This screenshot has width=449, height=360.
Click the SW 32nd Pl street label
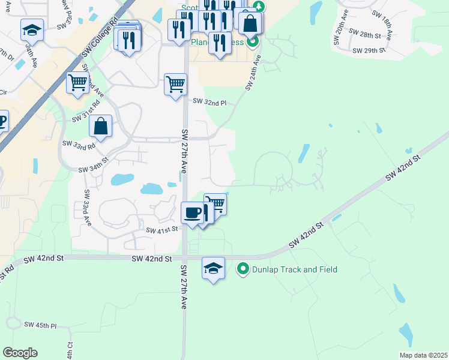click(209, 102)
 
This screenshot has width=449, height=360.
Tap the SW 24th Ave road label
click(253, 73)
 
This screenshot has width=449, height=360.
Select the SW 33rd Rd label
click(79, 145)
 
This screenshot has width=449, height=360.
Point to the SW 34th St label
click(93, 169)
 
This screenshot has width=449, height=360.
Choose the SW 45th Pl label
click(40, 325)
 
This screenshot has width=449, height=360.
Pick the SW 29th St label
click(369, 51)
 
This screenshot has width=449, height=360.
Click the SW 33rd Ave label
click(88, 208)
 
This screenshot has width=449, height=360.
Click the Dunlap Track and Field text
click(295, 269)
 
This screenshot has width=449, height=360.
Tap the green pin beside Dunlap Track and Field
click(243, 269)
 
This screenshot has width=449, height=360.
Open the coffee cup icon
click(192, 212)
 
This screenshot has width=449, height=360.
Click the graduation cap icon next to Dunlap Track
click(213, 268)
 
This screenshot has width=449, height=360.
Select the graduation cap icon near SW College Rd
click(32, 30)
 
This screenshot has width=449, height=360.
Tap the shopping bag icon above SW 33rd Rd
click(100, 126)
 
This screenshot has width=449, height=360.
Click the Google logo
click(20, 353)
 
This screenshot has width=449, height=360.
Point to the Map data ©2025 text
click(423, 355)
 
